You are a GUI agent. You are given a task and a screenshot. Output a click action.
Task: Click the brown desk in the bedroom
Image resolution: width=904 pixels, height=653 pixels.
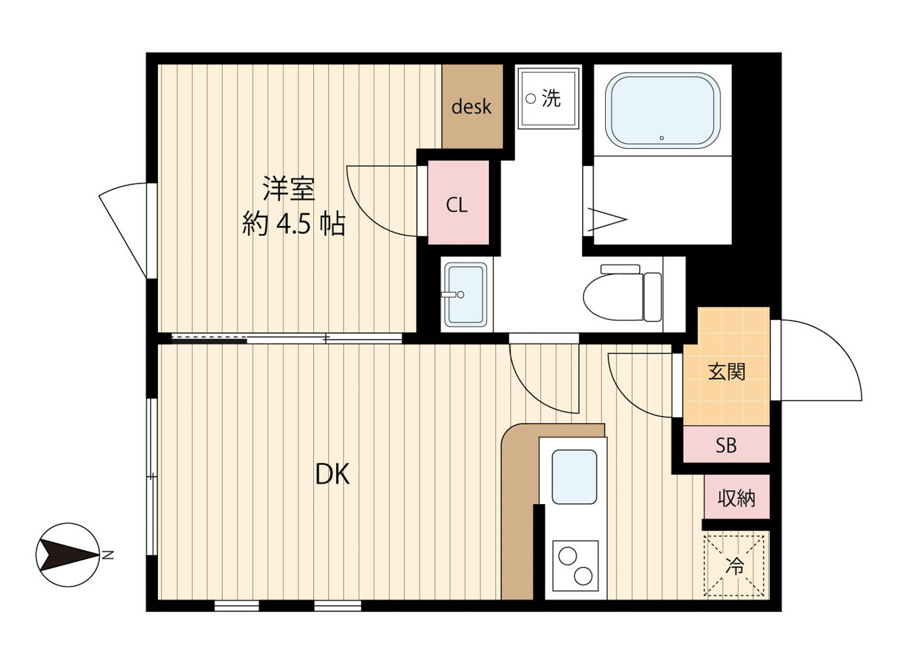pos(472,106)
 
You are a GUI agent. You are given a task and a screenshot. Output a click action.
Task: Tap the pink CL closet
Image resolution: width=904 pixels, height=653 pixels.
pos(458,203)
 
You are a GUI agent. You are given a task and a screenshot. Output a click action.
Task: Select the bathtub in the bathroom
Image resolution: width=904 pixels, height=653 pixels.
pos(663,111)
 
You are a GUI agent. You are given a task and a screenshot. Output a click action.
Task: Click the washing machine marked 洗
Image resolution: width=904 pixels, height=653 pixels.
pos(548,98)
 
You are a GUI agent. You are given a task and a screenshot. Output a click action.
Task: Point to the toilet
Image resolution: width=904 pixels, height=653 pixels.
pos(623,292)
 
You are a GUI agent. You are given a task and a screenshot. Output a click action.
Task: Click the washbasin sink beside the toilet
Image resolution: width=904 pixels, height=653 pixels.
pos(466,295)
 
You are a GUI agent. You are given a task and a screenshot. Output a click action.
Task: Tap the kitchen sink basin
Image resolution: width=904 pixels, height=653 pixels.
pos(574,477)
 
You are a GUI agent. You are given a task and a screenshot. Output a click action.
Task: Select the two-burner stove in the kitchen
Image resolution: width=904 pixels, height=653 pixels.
pos(575,566)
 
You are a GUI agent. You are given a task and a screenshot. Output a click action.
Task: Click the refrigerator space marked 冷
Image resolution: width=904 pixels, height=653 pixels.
pos(734,566)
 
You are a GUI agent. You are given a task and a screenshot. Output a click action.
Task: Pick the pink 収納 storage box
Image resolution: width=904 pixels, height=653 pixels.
pos(737,497)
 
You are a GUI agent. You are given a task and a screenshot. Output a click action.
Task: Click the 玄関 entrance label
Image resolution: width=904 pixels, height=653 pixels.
pos(726,371)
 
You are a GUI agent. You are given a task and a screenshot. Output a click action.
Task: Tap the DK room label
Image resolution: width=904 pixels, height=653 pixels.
pos(332,474)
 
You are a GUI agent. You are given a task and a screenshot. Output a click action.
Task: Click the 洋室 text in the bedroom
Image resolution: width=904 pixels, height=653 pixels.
pos(289,188)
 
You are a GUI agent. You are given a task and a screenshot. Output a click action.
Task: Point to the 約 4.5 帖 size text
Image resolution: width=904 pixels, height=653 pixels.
pos(293,224)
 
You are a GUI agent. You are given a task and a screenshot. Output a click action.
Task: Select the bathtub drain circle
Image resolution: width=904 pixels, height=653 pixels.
pos(662,138)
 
